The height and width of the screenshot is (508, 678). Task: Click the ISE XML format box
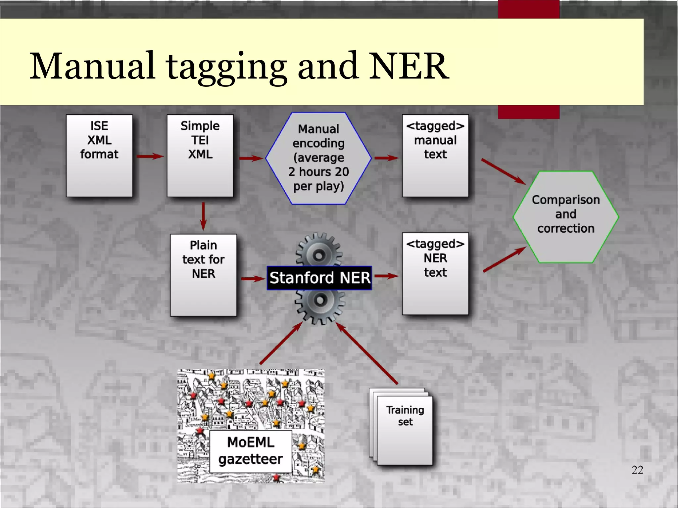[x=99, y=156]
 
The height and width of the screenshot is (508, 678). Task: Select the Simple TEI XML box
[x=200, y=156]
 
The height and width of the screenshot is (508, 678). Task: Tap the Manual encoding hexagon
[x=318, y=158]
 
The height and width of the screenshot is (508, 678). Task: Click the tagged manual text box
[x=435, y=156]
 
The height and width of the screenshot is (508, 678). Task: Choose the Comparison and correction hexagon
[x=566, y=217]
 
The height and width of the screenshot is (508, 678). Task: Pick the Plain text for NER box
[x=203, y=275]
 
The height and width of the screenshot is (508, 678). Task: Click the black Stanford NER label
[x=319, y=278]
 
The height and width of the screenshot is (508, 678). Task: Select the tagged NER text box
[x=435, y=274]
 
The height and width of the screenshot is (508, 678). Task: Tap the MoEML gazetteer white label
[x=251, y=451]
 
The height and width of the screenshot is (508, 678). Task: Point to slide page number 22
[x=637, y=470]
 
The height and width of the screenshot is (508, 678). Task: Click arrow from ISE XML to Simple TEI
[x=150, y=157]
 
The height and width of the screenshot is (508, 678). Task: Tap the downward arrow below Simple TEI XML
[x=203, y=216]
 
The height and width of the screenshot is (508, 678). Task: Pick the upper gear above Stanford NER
[x=319, y=252]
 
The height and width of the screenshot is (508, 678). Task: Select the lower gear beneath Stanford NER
[x=320, y=304]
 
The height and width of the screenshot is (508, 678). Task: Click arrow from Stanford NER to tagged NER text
[x=386, y=276]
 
